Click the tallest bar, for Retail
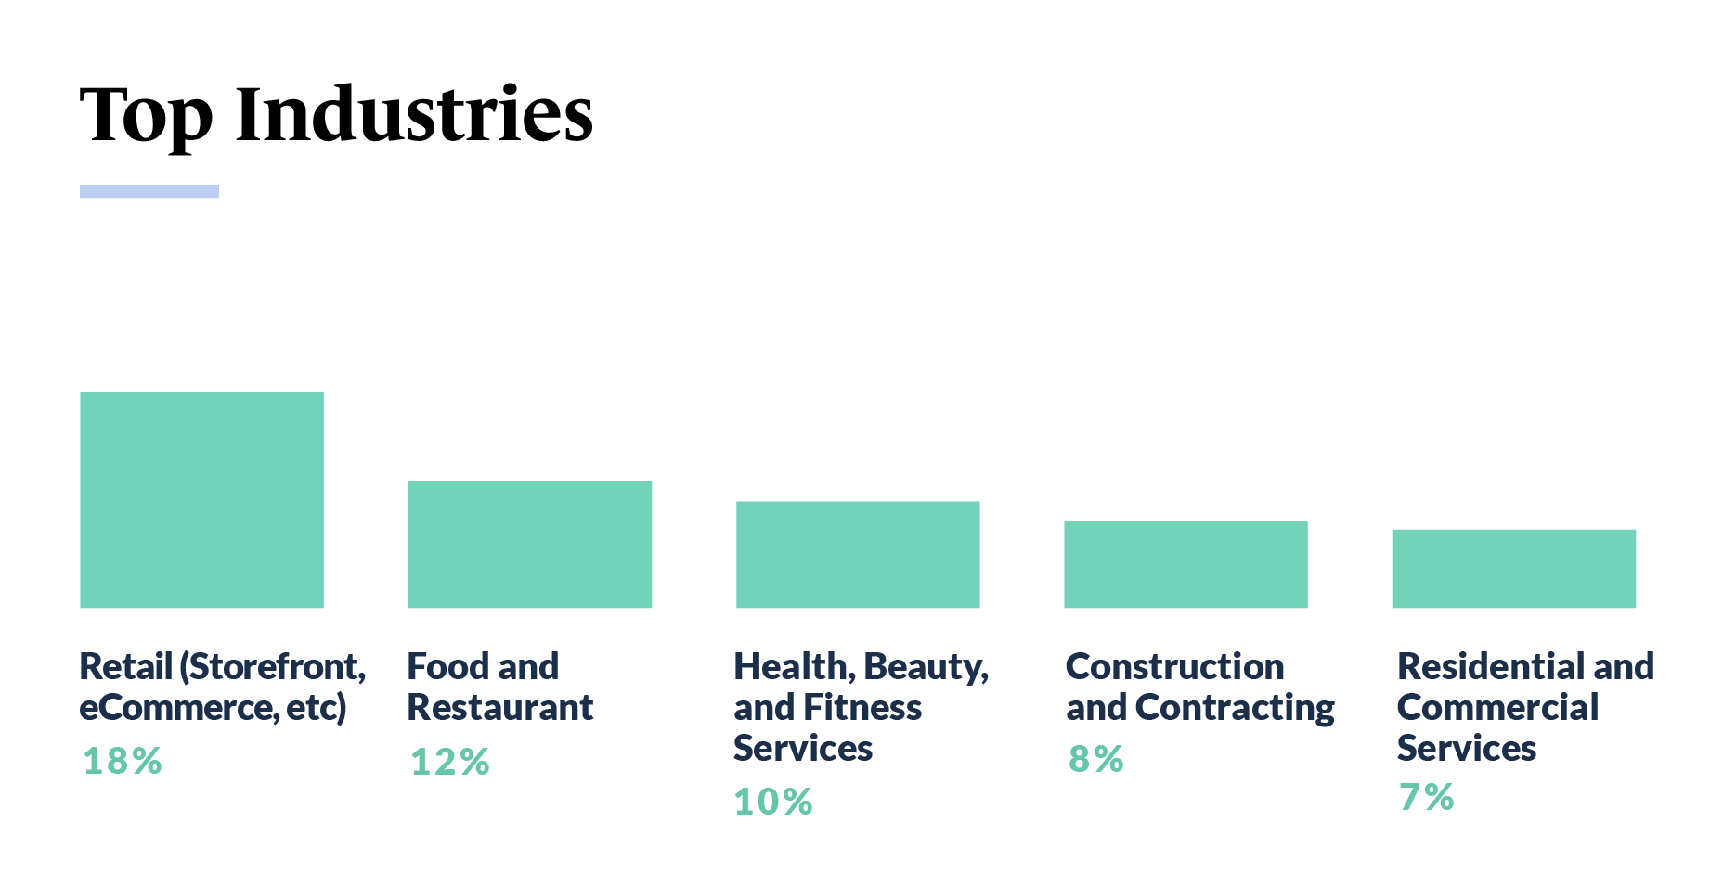(201, 499)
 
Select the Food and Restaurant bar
(529, 544)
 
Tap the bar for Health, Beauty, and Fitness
(858, 554)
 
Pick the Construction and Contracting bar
(1185, 564)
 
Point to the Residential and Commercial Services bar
(1513, 568)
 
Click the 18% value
(122, 761)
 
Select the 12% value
(449, 762)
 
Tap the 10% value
(772, 802)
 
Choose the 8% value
(1095, 759)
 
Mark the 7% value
(1426, 797)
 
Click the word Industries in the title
(414, 114)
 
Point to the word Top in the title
(146, 116)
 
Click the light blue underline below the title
(149, 191)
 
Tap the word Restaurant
(499, 708)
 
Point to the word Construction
(1174, 666)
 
